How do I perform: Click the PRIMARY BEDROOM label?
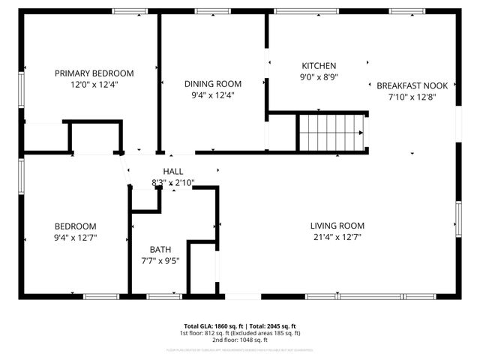(x=94, y=73)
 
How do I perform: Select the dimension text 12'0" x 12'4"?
(x=94, y=85)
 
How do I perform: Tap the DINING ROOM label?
(x=214, y=84)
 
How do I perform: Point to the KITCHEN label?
(x=319, y=66)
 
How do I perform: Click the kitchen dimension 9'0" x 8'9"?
(x=319, y=76)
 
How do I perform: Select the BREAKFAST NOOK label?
(x=412, y=85)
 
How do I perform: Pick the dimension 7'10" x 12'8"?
(x=412, y=96)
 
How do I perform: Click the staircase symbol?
(x=331, y=132)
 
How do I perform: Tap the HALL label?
(x=173, y=172)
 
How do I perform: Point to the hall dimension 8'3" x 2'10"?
(x=173, y=182)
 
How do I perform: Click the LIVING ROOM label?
(x=337, y=226)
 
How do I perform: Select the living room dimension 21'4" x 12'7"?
(x=337, y=237)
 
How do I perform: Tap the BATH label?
(x=160, y=250)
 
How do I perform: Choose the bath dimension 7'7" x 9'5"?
(x=160, y=261)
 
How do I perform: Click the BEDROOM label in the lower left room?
(x=75, y=226)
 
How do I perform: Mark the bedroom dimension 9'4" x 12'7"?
(x=75, y=238)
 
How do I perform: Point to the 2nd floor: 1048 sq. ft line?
(x=239, y=340)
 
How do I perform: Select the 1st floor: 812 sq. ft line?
(x=239, y=333)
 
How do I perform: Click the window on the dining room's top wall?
(x=212, y=11)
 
